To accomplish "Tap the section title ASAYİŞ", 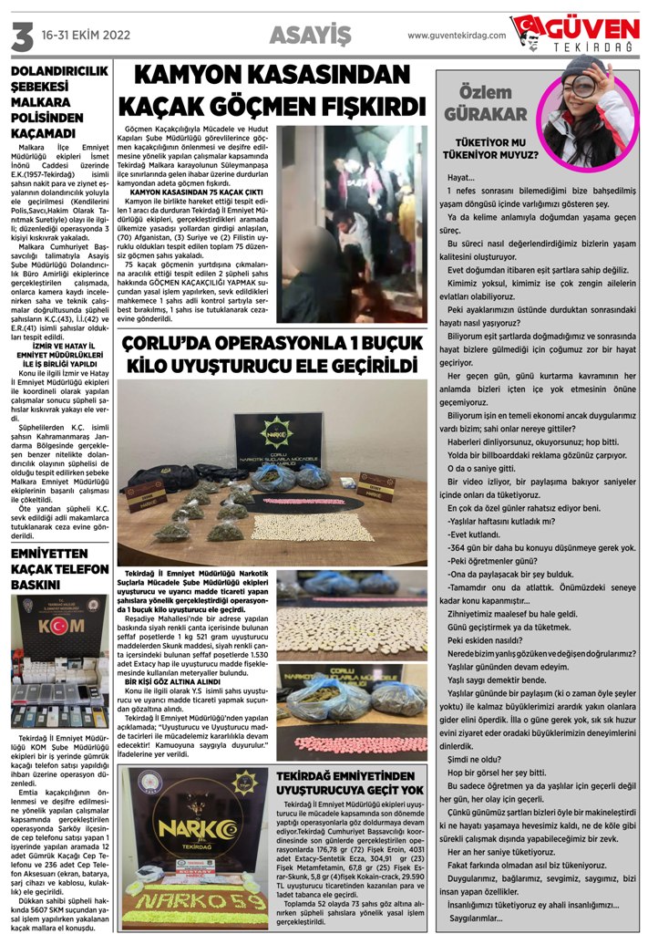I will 310,35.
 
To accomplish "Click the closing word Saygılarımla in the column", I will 478,917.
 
